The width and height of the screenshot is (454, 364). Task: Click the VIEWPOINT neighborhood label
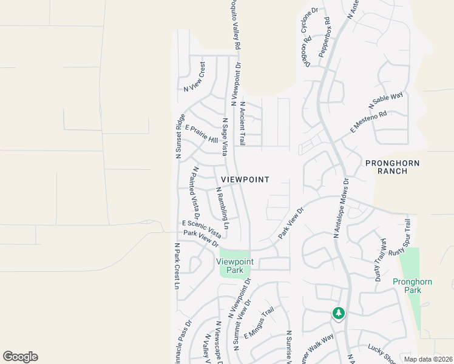(x=245, y=180)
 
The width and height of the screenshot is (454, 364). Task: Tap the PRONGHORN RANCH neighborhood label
(x=392, y=168)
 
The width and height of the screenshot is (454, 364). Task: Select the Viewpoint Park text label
(x=235, y=266)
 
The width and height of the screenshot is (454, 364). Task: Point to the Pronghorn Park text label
(x=407, y=286)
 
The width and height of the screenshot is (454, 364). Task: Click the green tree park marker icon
(x=338, y=314)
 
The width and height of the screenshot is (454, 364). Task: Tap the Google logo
(x=20, y=357)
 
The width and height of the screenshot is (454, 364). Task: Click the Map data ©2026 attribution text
(x=428, y=359)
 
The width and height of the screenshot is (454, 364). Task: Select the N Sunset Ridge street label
(x=180, y=136)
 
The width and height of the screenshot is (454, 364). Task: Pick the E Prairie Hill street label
(x=201, y=134)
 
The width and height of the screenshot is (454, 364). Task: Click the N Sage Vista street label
(x=224, y=136)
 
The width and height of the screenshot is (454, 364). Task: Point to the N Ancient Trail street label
(x=242, y=123)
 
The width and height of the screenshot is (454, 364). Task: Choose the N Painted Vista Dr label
(x=196, y=192)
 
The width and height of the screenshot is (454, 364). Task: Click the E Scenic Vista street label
(x=202, y=228)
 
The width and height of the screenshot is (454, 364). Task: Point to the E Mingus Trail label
(x=259, y=326)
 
